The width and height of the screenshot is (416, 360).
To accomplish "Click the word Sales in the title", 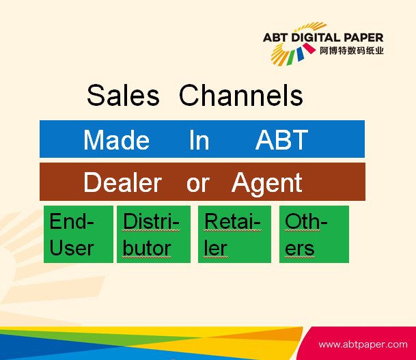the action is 124,95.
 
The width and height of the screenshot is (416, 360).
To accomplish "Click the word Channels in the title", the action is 241,95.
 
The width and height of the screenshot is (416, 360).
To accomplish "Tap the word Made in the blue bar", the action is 117,140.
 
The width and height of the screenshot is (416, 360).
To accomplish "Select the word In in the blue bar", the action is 199,140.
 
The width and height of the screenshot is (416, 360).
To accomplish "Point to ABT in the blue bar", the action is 281,140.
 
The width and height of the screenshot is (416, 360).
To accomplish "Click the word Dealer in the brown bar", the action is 122,182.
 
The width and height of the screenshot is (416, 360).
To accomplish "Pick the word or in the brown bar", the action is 198,184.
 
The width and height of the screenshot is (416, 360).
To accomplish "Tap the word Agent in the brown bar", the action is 267,184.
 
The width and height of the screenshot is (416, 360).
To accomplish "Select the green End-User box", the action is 79,234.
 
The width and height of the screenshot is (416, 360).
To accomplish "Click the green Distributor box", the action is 154,234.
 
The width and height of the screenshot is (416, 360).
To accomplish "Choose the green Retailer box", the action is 234,234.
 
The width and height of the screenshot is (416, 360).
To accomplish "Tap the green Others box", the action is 314,234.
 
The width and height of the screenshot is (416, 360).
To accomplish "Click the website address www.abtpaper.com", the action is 363,344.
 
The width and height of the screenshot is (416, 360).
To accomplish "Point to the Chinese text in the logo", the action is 352,51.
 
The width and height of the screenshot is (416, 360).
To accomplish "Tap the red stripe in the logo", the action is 309,49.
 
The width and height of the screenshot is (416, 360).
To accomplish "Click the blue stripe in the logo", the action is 300,54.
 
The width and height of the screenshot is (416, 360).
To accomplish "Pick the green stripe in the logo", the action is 290,57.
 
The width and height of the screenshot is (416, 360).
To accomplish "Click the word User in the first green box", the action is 72,249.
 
